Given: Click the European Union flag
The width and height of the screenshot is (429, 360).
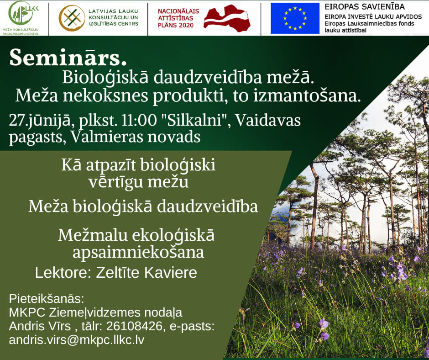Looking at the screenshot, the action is (295, 18).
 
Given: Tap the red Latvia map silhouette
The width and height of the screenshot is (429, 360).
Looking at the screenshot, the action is (227, 18).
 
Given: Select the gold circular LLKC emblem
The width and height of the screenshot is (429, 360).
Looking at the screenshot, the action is (72, 18).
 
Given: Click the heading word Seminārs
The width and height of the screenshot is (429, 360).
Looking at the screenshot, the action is (68, 57).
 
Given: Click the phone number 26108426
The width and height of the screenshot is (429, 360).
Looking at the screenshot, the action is (134, 326).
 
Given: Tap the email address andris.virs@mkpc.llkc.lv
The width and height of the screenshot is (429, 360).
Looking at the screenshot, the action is (77, 340).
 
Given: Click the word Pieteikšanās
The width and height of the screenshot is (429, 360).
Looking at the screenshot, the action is (47, 299).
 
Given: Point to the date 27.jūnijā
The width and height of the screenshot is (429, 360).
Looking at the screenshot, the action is (40, 121).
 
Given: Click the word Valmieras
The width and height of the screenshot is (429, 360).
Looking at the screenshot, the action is (107, 137).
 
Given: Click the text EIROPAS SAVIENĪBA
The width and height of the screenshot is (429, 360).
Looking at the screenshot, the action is (365, 6).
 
